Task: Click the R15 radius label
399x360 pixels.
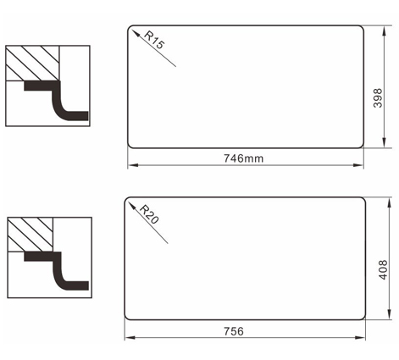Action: (x=154, y=40)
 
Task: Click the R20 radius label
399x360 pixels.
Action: (x=149, y=214)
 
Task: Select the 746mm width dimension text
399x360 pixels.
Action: (x=243, y=158)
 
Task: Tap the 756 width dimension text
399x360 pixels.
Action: (x=234, y=331)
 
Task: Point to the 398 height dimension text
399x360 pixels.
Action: (x=378, y=98)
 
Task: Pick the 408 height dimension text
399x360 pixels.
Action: (x=383, y=270)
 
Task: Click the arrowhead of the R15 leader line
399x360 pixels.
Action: (x=136, y=33)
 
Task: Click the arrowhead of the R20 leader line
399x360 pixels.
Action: (x=132, y=206)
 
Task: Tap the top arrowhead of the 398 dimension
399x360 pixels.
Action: (x=384, y=31)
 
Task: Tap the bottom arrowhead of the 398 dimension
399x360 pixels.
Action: (x=384, y=142)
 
